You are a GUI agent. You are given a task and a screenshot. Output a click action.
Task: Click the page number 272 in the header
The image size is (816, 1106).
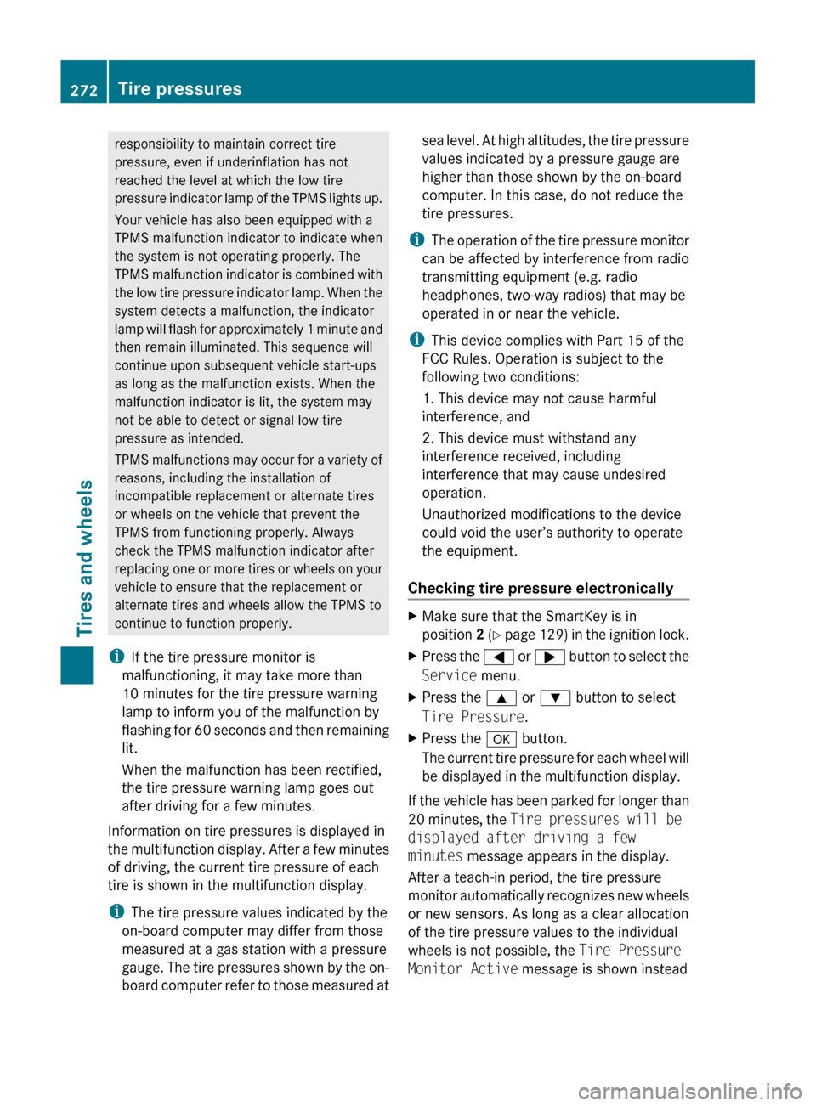[83, 90]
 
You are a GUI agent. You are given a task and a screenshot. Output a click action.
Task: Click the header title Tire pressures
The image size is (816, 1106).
[179, 89]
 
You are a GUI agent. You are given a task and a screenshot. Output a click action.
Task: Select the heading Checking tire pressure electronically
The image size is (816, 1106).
[541, 588]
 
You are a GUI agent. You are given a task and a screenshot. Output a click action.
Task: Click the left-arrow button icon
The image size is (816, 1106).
[498, 657]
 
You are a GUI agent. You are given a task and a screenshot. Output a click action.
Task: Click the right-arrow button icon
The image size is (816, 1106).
[550, 657]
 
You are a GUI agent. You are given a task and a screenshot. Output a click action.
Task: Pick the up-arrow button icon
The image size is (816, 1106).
[501, 698]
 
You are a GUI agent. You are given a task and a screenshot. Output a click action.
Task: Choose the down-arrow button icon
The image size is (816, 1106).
[554, 698]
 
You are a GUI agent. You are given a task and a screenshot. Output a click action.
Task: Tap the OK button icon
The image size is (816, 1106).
[501, 739]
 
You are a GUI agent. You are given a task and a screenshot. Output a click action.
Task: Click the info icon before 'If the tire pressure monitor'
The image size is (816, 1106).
[116, 657]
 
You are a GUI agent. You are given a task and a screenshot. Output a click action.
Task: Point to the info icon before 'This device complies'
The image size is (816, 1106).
[416, 340]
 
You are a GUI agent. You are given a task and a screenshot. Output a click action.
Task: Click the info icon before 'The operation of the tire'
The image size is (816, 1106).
[416, 240]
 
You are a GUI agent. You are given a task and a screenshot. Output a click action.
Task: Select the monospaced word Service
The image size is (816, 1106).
[450, 675]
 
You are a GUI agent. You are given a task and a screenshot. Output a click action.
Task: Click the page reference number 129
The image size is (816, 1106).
[552, 635]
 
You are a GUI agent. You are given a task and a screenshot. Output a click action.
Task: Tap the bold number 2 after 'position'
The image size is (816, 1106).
[480, 635]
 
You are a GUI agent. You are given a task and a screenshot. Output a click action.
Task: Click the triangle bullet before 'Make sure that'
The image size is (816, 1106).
[413, 616]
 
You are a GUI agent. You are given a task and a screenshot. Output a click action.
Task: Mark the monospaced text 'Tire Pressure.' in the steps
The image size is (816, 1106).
[474, 716]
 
